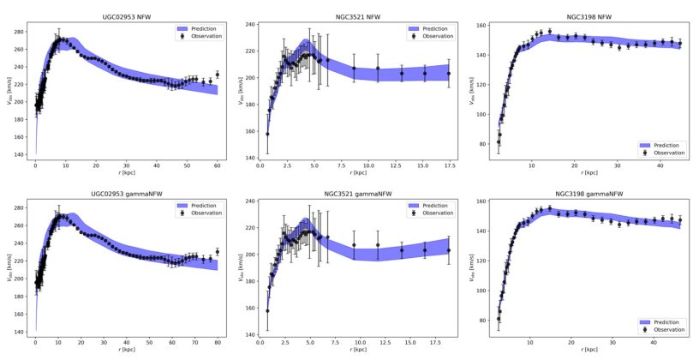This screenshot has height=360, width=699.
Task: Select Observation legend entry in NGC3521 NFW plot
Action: [432, 36]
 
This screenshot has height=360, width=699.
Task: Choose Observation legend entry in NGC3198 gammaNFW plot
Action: [665, 329]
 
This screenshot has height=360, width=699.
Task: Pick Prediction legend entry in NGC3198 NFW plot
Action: [665, 145]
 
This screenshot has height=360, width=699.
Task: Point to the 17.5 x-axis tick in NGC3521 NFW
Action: [448, 165]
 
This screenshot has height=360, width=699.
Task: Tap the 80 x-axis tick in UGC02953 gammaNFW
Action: [218, 342]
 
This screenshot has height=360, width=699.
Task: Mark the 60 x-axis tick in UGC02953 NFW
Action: [218, 165]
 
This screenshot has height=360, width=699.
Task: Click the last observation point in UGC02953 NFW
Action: [218, 75]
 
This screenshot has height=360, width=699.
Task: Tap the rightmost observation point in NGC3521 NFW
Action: [448, 74]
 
